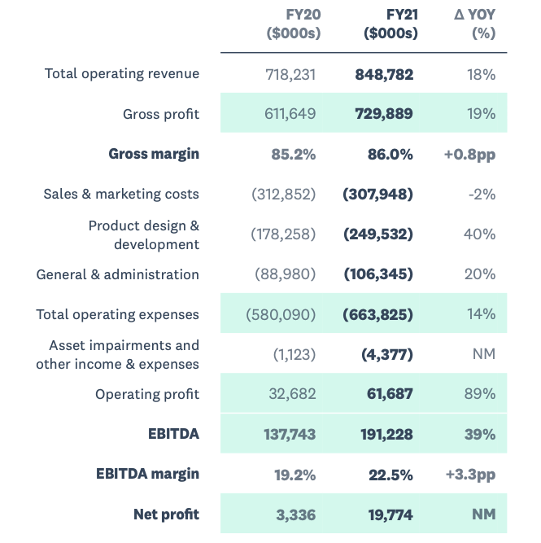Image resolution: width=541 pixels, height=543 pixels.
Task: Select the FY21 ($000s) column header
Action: (390, 24)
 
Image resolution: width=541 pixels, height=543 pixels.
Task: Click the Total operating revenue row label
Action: (122, 74)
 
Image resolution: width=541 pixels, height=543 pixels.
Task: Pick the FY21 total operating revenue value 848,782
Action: (384, 75)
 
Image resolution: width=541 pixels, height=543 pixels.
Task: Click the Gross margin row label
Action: (154, 154)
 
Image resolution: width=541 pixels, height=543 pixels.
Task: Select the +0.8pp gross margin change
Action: (469, 154)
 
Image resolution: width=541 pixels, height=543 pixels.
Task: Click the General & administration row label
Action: (118, 274)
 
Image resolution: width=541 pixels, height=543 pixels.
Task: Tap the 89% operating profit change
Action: (479, 394)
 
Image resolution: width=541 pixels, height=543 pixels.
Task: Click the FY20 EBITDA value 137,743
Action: (290, 434)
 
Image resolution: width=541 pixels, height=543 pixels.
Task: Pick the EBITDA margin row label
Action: (147, 474)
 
